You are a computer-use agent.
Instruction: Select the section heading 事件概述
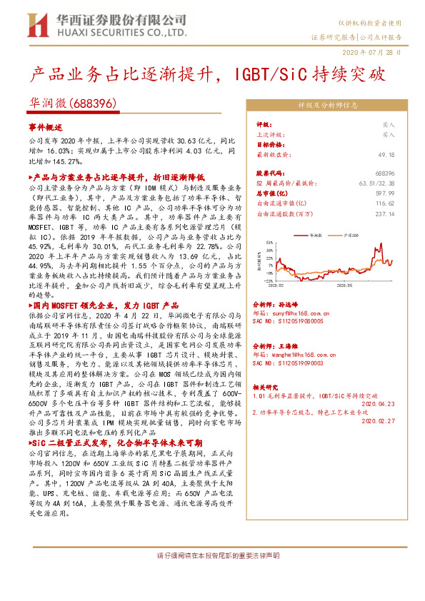point(46,126)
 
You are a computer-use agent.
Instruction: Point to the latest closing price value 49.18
point(385,154)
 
